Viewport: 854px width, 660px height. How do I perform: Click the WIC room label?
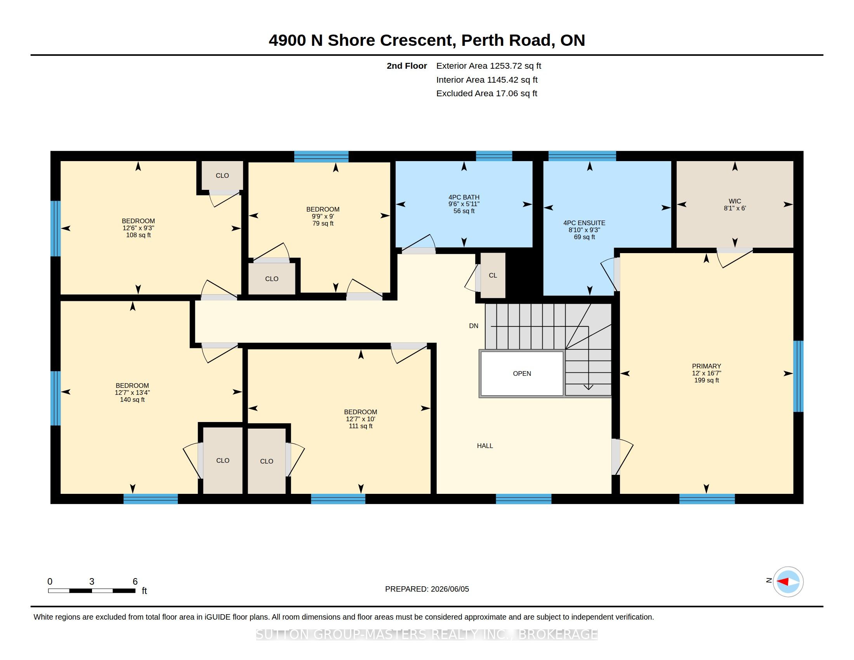[x=735, y=201]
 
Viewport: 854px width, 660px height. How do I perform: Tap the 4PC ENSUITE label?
[x=584, y=223]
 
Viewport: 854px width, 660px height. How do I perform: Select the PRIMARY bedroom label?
[x=706, y=366]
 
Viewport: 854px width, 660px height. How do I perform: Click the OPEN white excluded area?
[x=522, y=373]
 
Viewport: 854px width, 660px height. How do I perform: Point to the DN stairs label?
[x=474, y=326]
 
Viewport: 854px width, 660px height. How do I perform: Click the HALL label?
[x=485, y=446]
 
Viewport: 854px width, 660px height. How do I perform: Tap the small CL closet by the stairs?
[x=493, y=275]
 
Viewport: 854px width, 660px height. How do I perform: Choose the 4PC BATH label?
[x=464, y=198]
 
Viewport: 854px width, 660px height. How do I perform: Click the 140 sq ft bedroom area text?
[x=132, y=399]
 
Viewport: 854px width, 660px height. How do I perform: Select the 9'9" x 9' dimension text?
[x=323, y=216]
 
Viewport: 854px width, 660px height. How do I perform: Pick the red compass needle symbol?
[x=783, y=582]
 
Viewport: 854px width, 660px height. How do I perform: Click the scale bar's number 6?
[x=135, y=582]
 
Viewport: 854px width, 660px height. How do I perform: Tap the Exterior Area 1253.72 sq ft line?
[x=489, y=66]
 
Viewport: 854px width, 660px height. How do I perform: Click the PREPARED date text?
[x=427, y=589]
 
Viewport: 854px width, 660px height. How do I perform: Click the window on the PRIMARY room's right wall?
[x=798, y=376]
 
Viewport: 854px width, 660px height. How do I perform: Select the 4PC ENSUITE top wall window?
[x=582, y=156]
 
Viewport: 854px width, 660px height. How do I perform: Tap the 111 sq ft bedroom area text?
[x=361, y=426]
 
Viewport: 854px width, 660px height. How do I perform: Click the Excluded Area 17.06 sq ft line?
[x=487, y=94]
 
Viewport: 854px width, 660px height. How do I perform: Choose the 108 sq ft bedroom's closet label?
[x=222, y=175]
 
